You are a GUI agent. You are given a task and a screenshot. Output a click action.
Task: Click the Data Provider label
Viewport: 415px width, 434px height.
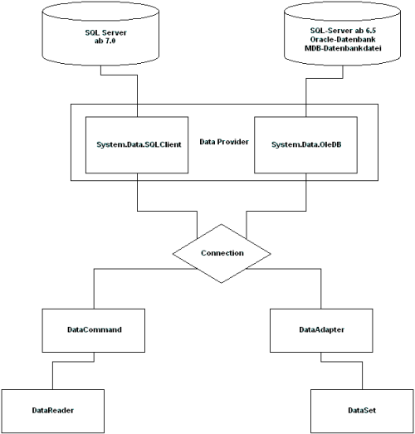pos(224,142)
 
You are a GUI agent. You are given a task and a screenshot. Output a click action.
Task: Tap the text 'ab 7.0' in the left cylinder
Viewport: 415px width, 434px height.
pos(105,41)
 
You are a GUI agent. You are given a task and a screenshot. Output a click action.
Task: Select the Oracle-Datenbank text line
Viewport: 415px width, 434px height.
pos(343,39)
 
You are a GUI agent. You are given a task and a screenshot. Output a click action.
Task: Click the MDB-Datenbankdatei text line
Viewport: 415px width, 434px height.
pos(343,48)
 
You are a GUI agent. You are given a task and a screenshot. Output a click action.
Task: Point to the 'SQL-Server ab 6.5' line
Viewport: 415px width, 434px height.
pos(343,31)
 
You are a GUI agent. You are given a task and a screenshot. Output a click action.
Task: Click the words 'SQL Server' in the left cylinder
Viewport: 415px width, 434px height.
pos(105,32)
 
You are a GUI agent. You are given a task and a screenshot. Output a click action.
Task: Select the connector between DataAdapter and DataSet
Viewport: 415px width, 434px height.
pos(342,362)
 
